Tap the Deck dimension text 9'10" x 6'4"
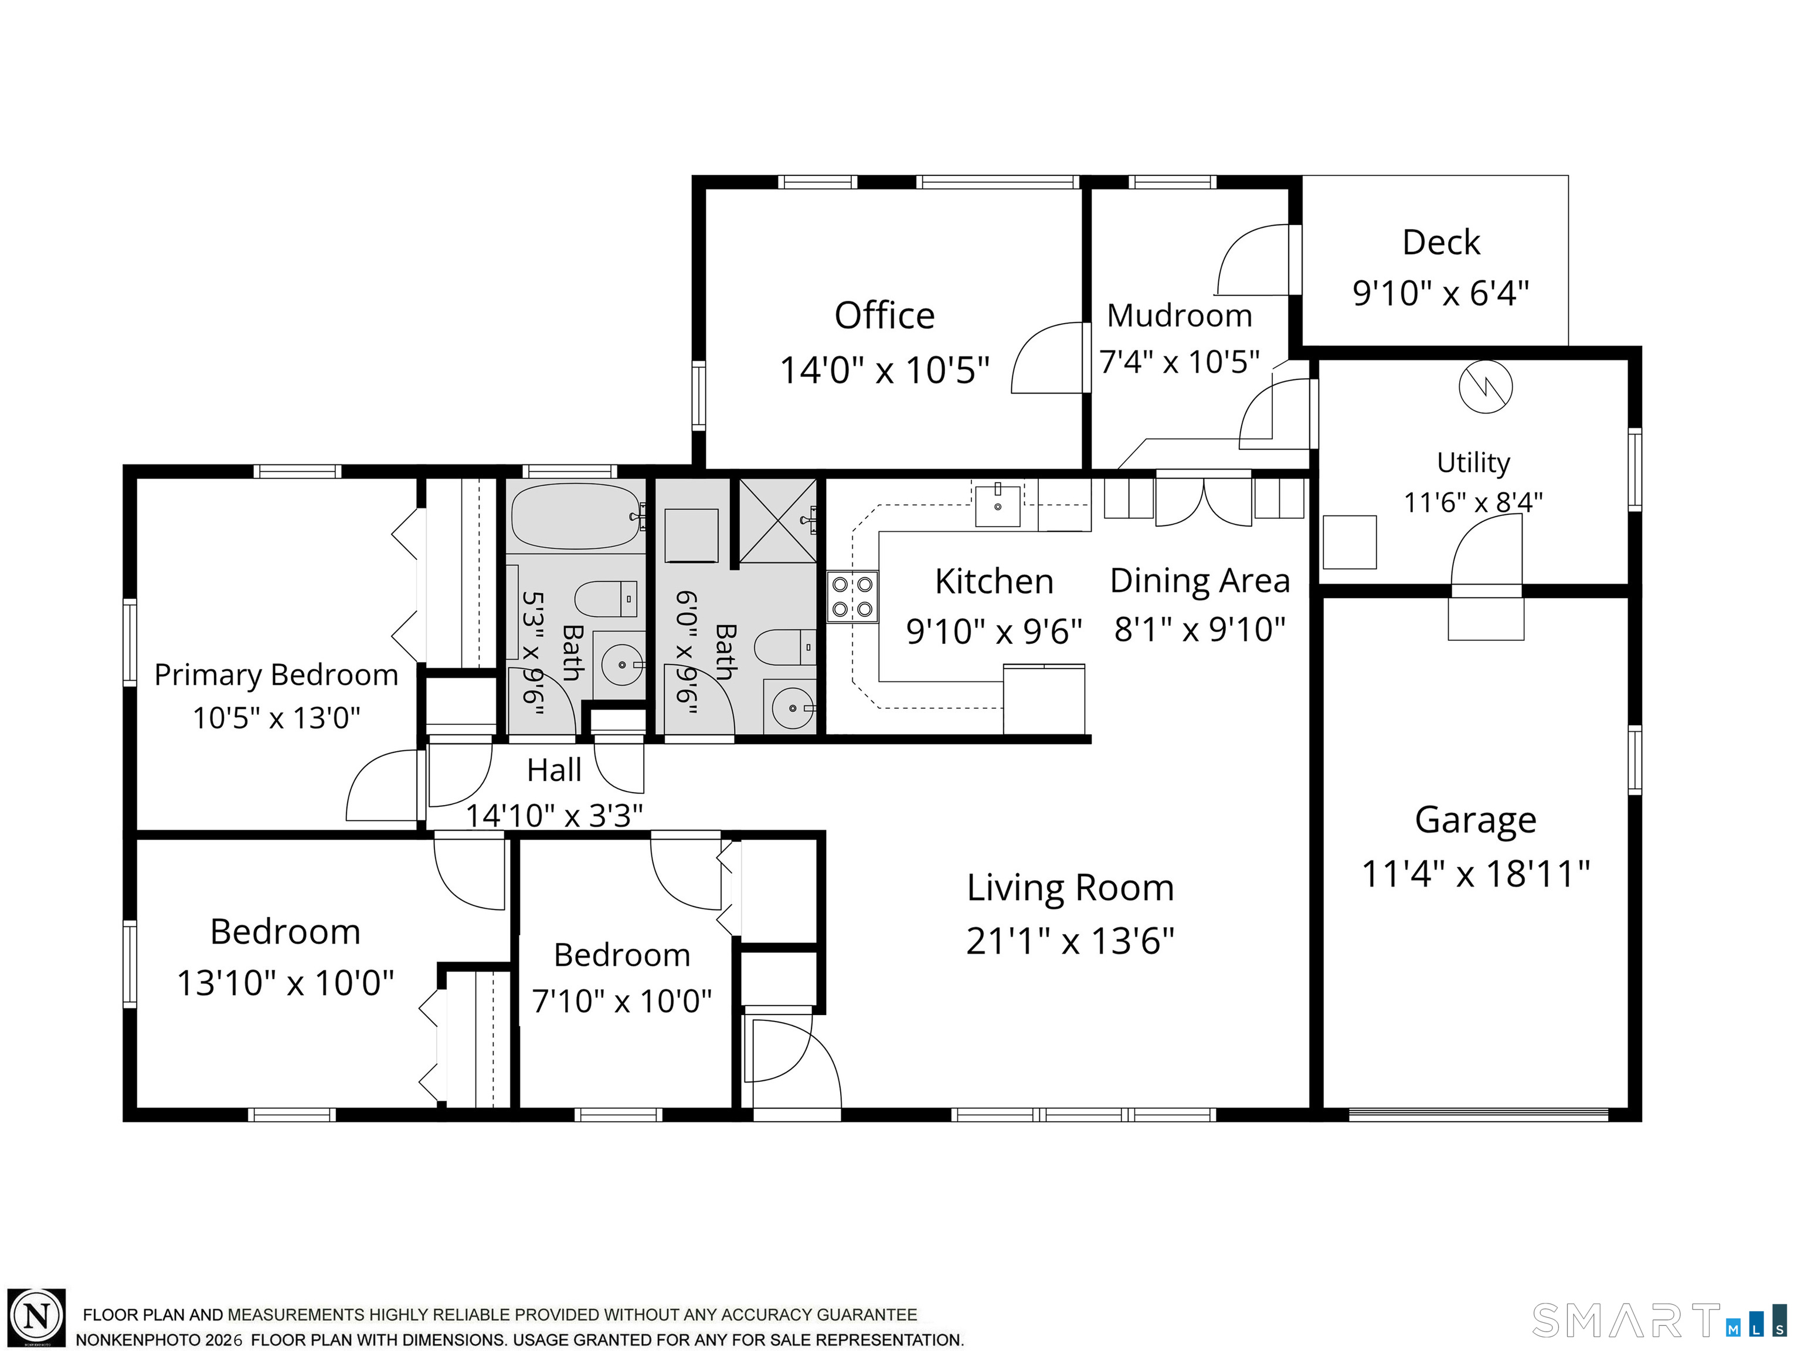pos(1440,293)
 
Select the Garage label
pos(1475,821)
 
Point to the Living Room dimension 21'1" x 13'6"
pos(1070,941)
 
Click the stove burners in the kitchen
pos(852,597)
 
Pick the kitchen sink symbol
pos(997,505)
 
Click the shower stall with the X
pos(777,520)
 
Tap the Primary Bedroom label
pos(276,675)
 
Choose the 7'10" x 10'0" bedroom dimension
pos(621,1001)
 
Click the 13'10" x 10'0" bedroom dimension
pos(285,983)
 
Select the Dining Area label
pos(1199,581)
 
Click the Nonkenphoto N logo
pos(36,1317)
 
